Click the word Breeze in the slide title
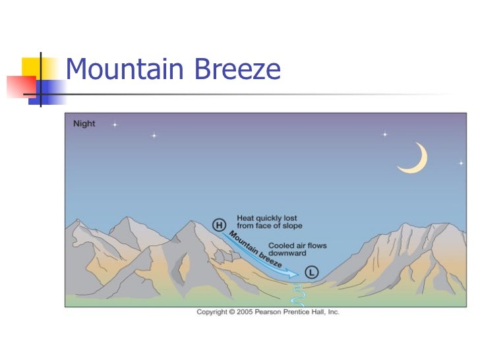click(x=241, y=69)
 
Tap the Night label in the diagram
click(x=84, y=123)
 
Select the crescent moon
click(x=415, y=160)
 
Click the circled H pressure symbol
click(x=219, y=225)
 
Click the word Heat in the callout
click(x=244, y=218)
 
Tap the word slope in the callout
click(x=291, y=226)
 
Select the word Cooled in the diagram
click(x=282, y=246)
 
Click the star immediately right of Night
click(x=114, y=124)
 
